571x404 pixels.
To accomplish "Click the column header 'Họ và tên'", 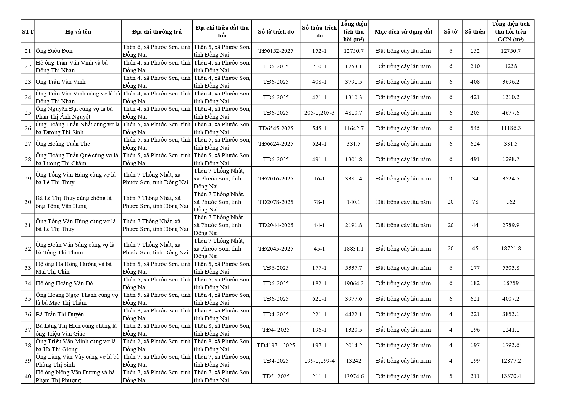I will [78, 32].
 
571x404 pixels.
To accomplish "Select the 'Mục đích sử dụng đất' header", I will [403, 32].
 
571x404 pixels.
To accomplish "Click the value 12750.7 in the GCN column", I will [510, 51].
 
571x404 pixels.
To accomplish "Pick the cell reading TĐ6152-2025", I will [276, 51].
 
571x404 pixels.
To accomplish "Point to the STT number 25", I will [28, 113].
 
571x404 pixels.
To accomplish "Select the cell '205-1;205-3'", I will [319, 113].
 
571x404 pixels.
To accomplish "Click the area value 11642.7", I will [354, 128].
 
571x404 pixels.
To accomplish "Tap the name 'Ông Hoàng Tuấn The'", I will [63, 144].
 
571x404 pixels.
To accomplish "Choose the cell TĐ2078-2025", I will [276, 202].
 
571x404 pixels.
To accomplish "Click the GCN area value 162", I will [510, 202].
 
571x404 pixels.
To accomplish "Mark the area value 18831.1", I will [354, 249].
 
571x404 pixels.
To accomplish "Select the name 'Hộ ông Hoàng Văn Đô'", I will [64, 283].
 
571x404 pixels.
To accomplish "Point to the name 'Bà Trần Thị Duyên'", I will [60, 314].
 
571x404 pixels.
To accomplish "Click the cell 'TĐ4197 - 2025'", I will [276, 345].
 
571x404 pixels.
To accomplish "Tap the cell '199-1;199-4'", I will [319, 361].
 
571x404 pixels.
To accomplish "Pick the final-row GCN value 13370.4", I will [510, 376].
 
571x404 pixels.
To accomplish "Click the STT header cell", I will [28, 32].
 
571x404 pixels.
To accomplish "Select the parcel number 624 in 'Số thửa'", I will [475, 144].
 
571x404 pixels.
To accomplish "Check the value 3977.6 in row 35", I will [354, 299].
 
